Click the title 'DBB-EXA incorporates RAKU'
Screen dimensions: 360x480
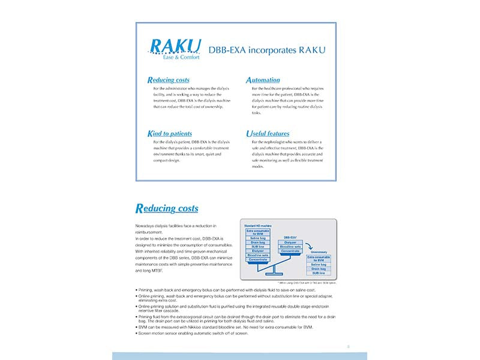point(266,50)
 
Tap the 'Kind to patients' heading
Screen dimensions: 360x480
point(170,133)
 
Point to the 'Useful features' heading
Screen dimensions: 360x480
point(268,133)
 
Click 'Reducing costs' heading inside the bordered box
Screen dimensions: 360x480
point(169,80)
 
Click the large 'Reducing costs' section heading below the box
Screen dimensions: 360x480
point(167,209)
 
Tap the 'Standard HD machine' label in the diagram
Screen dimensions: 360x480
point(257,226)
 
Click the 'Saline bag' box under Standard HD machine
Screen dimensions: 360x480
point(258,238)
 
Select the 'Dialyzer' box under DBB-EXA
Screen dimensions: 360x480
point(290,242)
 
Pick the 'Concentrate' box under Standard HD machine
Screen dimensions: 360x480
point(258,259)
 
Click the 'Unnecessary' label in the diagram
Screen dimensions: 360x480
point(320,251)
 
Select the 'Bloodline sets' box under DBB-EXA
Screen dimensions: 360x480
point(290,247)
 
